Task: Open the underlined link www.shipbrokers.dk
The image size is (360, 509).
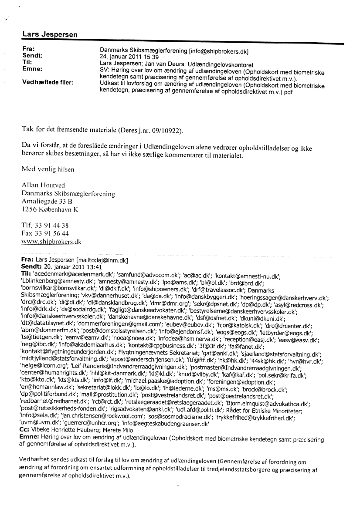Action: click(x=51, y=241)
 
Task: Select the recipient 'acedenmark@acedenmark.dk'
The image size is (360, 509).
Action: click(x=74, y=273)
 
